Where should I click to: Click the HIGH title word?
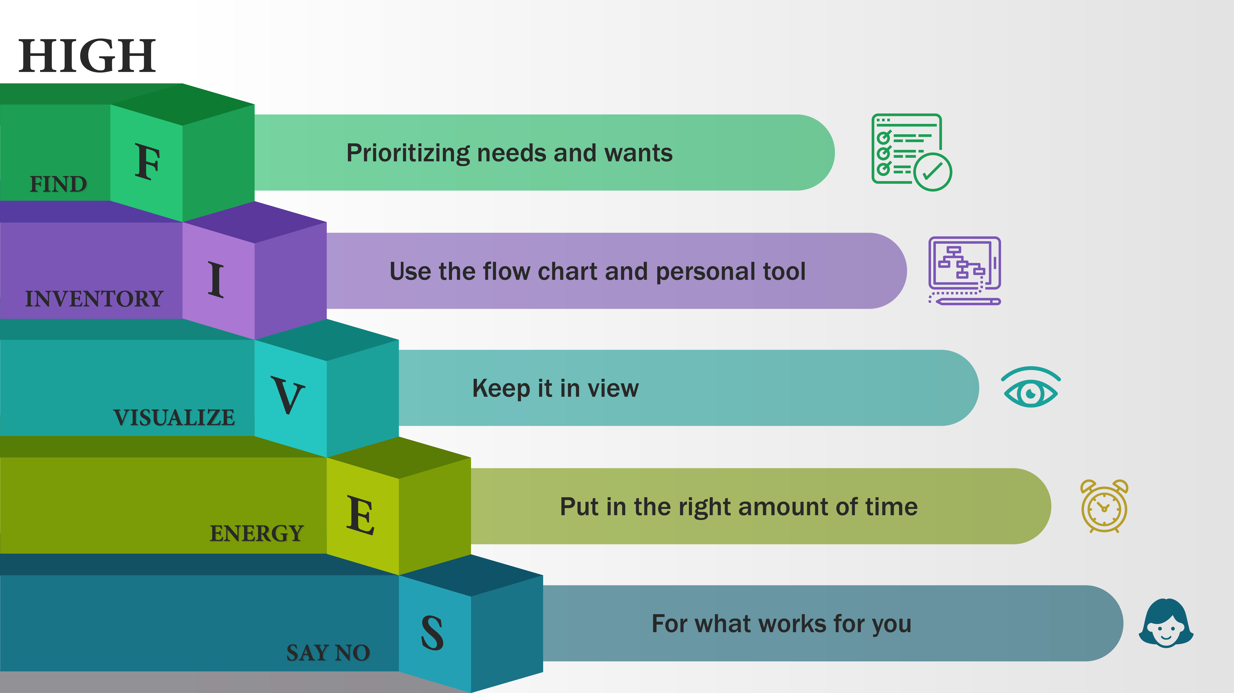click(x=87, y=56)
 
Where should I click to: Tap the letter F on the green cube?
click(x=147, y=162)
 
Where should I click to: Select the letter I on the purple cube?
click(x=216, y=280)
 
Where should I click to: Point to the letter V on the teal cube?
click(x=288, y=395)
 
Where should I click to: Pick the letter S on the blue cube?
click(x=432, y=633)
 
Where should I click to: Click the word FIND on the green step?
click(x=59, y=184)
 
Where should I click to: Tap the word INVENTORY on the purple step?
click(x=94, y=299)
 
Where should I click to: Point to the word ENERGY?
click(x=257, y=533)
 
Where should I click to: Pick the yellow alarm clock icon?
click(x=1104, y=506)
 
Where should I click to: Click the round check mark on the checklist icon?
click(x=933, y=172)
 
